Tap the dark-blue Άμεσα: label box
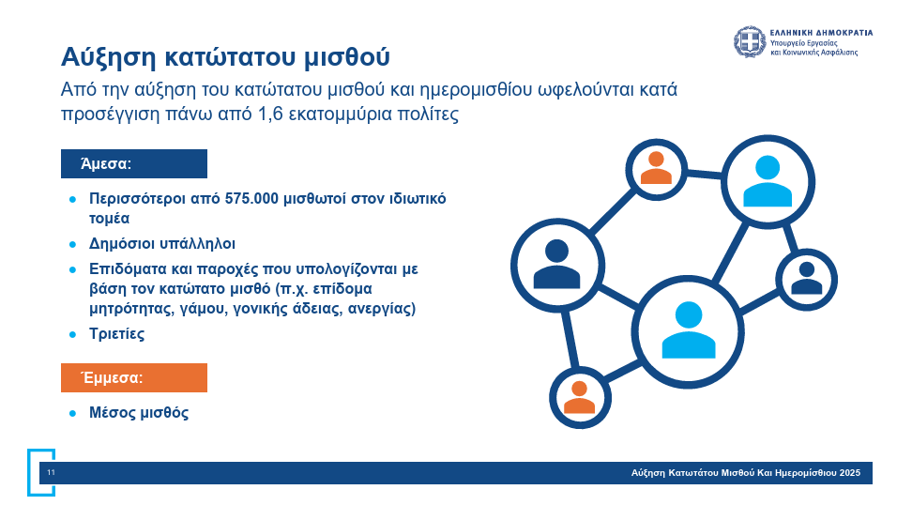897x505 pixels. point(134,163)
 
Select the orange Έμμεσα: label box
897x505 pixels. point(134,378)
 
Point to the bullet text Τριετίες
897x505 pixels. point(116,334)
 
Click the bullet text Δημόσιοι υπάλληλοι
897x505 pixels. point(162,244)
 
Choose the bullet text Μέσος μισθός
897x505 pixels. point(139,413)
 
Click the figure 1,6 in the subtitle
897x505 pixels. point(270,114)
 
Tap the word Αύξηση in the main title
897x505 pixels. point(109,57)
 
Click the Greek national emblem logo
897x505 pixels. point(750,41)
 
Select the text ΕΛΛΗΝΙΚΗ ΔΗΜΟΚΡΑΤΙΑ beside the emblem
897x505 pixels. point(822,33)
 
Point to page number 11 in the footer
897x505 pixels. point(51,473)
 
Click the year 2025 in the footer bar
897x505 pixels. point(850,473)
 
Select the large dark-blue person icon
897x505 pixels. point(556,264)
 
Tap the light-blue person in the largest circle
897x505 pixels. point(689,330)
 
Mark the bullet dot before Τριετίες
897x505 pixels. point(72,334)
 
